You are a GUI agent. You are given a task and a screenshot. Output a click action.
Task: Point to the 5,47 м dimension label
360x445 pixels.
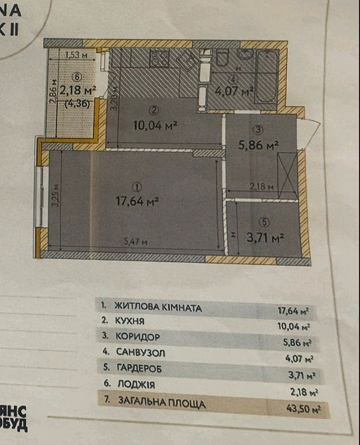[134, 242]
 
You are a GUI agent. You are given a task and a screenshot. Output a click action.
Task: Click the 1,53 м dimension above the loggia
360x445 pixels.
[76, 56]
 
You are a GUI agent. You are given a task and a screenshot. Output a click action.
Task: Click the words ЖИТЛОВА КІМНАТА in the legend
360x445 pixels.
[158, 308]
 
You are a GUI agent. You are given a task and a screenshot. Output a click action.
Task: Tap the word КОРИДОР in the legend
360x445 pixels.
[138, 337]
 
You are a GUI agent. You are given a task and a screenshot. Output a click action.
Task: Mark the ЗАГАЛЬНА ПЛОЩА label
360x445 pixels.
[160, 402]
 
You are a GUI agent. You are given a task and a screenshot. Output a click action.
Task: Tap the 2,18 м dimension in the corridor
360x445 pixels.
[262, 187]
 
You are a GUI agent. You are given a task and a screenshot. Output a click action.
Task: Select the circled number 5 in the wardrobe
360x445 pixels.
[264, 222]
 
